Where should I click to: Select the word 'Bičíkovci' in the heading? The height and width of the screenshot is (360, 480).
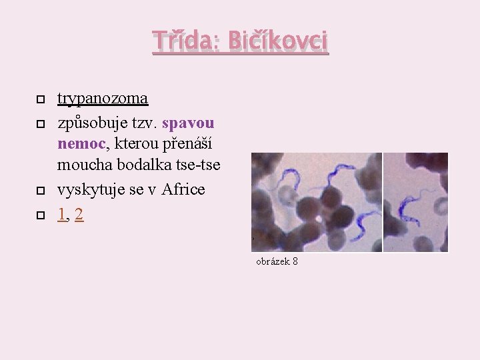click(x=277, y=41)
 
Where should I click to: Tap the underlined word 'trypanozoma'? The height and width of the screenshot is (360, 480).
click(x=103, y=99)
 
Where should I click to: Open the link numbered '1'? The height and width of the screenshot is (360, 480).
click(x=61, y=215)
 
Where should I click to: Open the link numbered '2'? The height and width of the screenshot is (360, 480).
click(x=79, y=215)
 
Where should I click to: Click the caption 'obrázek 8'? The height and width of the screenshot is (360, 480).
click(x=277, y=261)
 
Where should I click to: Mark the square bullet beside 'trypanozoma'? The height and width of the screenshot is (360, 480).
click(x=40, y=99)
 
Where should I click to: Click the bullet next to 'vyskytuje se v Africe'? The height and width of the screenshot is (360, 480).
click(x=40, y=190)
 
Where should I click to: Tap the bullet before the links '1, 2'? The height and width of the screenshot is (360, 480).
click(x=40, y=215)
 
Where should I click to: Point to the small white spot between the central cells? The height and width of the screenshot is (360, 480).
click(x=319, y=215)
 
